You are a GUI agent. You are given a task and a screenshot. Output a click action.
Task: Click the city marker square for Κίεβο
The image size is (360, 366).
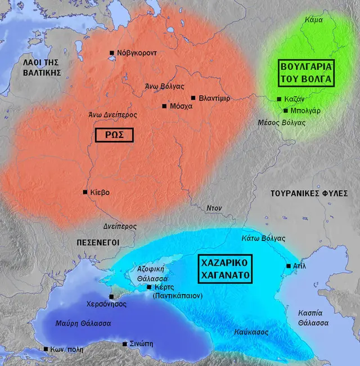point(85,192)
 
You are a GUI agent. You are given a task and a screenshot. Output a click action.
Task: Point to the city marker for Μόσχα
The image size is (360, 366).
point(164,106)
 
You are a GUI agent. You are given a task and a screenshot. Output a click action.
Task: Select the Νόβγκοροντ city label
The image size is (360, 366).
point(137,53)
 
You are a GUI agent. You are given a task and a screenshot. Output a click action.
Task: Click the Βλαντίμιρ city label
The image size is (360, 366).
point(214,98)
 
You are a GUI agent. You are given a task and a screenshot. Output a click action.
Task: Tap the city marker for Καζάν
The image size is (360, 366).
point(279,99)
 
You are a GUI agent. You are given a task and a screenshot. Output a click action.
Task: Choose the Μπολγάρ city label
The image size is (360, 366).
point(306,111)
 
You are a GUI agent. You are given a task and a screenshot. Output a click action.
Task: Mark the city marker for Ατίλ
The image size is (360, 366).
point(288,265)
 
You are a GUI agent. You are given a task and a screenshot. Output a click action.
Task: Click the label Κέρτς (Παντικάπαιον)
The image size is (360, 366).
point(175,291)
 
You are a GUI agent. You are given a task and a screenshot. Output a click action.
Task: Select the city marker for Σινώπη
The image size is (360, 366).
point(124,343)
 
